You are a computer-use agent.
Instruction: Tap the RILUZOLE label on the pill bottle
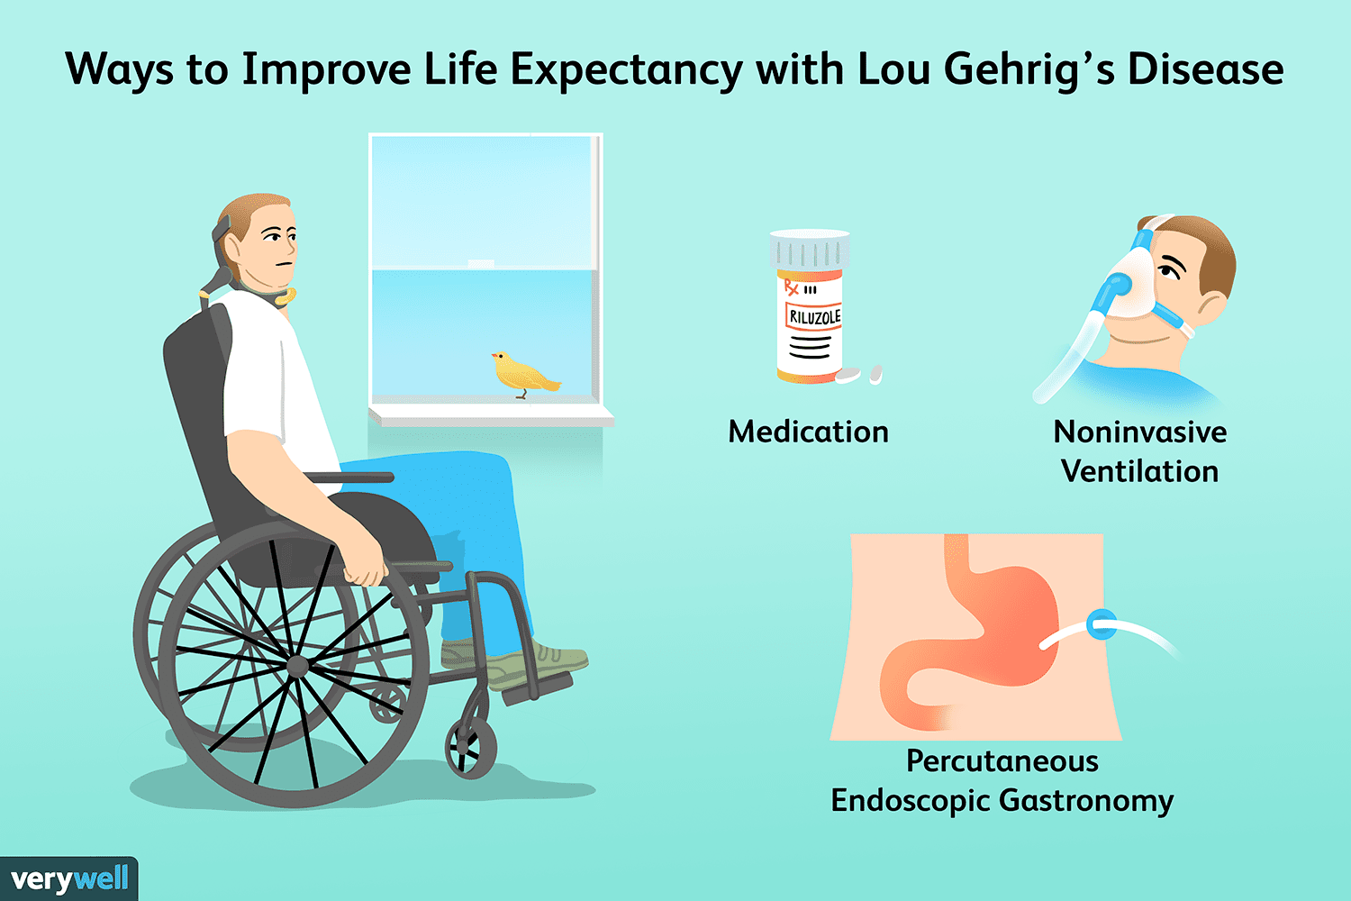pos(813,316)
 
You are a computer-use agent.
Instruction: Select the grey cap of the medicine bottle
pos(810,250)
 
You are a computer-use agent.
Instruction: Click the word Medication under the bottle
pos(808,432)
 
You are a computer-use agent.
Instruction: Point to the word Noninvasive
pos(1140,432)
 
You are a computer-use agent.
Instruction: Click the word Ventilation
pos(1140,470)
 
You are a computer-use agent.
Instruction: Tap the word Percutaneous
pos(1002,761)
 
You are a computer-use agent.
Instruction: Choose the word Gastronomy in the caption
pos(1086,801)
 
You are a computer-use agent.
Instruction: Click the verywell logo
pos(69,878)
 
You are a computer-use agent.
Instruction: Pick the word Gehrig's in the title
pos(1029,70)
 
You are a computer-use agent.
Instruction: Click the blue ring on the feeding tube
pos(1102,624)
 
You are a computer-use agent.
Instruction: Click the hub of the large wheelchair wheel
pos(296,666)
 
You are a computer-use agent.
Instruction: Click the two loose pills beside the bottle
pos(859,375)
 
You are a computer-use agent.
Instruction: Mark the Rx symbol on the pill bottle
pos(791,287)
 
